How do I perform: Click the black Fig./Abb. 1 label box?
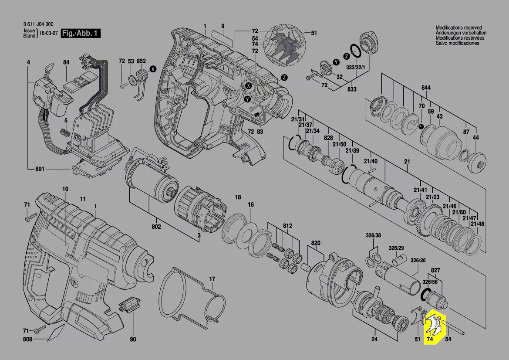coord(81,34)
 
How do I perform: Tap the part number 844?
coord(426,88)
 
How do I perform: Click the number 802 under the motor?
coord(156,227)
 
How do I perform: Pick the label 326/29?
coord(396,248)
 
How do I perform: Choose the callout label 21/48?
coord(477,224)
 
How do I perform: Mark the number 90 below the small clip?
coord(133,340)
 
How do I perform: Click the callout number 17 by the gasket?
coord(212,278)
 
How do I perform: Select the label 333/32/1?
coord(356,68)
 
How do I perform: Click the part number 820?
coord(316,243)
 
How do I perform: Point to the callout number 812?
coord(288,226)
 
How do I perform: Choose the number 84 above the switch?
coord(66,63)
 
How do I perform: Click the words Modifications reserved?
coord(460,27)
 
